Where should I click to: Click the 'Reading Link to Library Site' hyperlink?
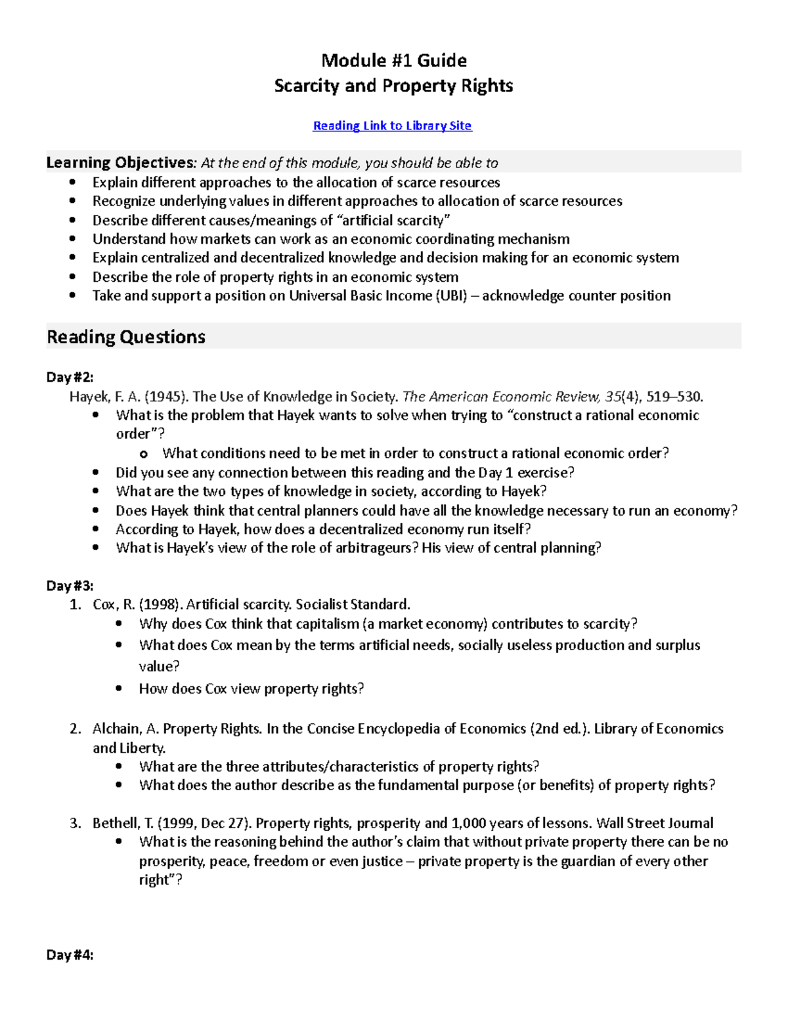click(392, 125)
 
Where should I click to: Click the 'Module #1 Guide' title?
click(393, 60)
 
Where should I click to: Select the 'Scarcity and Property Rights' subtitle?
click(393, 86)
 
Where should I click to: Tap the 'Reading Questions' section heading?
click(126, 337)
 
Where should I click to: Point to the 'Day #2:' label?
click(70, 377)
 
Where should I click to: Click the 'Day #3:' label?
click(70, 585)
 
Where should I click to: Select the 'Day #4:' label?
click(70, 955)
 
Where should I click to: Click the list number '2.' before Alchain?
click(76, 728)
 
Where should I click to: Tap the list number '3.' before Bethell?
click(76, 823)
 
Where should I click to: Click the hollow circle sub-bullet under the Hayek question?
click(144, 454)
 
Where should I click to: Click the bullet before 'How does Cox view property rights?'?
click(119, 688)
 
